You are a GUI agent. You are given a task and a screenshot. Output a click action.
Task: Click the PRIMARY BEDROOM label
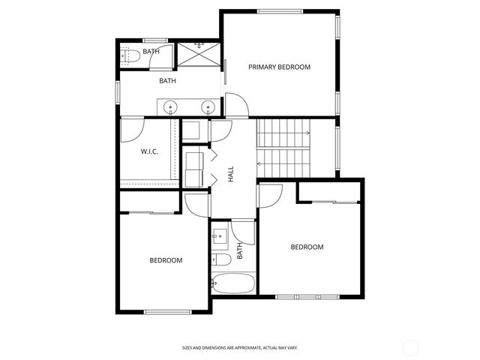(x=279, y=67)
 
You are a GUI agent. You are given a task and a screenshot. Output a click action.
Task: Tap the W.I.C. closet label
(x=149, y=152)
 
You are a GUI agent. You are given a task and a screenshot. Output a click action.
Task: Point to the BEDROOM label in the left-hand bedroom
(x=166, y=261)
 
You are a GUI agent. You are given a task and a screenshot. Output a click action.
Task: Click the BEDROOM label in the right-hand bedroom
(x=307, y=247)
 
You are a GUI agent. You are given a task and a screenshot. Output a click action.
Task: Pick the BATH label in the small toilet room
(x=151, y=52)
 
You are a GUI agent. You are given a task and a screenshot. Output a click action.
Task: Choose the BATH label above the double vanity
(x=167, y=80)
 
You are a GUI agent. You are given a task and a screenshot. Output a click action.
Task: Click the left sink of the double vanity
(x=172, y=108)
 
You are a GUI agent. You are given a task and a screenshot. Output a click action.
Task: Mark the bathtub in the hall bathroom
(x=232, y=284)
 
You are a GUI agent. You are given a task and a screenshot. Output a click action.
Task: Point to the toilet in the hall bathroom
(x=220, y=261)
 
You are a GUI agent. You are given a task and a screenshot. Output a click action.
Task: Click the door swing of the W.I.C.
(x=130, y=129)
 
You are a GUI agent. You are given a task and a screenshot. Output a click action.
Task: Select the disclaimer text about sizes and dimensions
(x=239, y=348)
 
